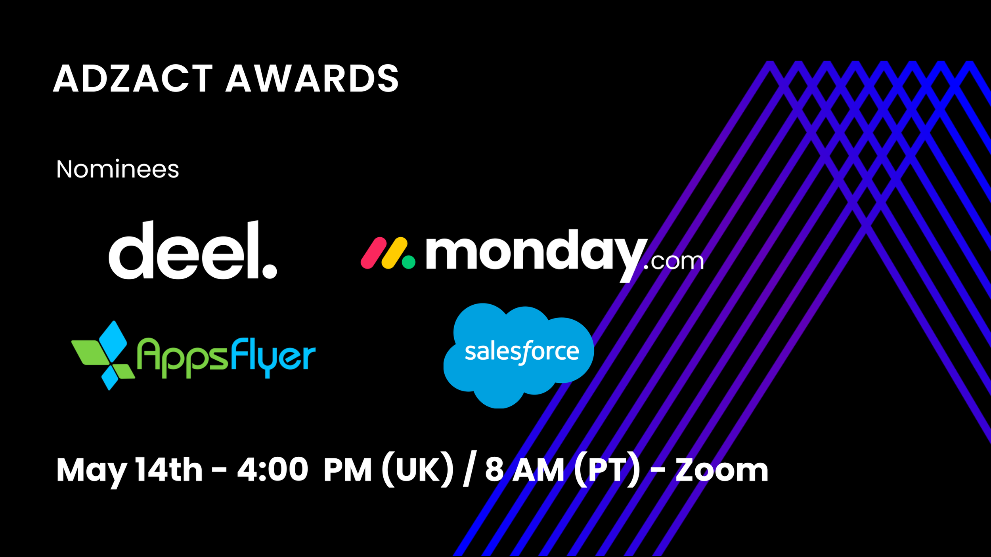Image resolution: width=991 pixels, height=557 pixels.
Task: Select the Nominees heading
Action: [x=118, y=169]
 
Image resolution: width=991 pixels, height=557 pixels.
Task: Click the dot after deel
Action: [x=270, y=271]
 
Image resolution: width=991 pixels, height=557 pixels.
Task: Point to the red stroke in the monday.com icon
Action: [x=373, y=253]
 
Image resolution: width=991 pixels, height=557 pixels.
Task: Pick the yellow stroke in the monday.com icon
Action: [x=394, y=253]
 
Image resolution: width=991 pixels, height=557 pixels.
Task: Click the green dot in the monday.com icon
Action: [x=409, y=262]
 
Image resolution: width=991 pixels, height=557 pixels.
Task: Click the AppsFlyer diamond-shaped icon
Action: [x=103, y=355]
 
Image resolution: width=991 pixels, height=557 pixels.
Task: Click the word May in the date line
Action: [x=92, y=471]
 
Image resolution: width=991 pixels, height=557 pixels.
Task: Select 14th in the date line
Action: [x=169, y=470]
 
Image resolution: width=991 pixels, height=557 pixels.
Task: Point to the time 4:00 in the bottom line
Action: [x=273, y=470]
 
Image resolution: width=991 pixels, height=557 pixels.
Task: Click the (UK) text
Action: [x=417, y=470]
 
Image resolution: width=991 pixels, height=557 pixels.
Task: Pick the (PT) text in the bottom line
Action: [x=607, y=470]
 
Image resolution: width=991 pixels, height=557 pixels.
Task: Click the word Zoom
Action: [x=722, y=470]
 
